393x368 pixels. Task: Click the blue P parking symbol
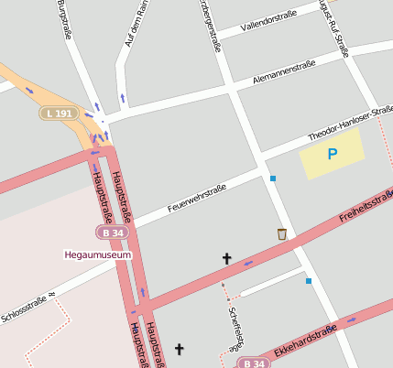(332, 155)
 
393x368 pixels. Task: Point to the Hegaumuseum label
(98, 254)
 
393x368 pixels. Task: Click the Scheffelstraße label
(234, 324)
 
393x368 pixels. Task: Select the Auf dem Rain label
(136, 24)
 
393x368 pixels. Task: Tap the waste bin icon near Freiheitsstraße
(281, 234)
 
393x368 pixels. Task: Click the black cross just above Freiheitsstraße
(227, 259)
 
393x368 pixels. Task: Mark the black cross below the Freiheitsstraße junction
(180, 349)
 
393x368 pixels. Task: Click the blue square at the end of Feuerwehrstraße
(272, 178)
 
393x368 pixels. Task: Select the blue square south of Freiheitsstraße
(309, 280)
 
